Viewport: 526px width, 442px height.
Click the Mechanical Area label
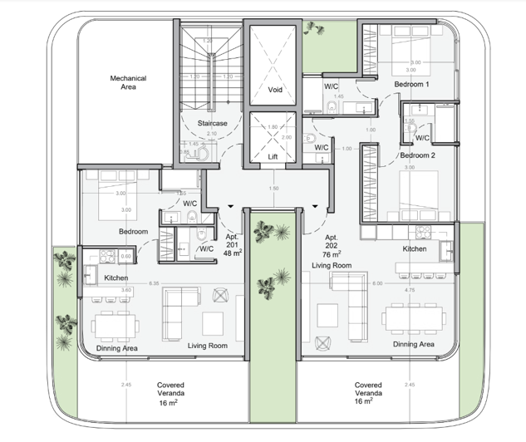[x=128, y=82]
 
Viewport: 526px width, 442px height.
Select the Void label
[x=273, y=90]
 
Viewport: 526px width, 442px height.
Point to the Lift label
[x=273, y=155]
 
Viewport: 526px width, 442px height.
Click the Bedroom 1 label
[x=410, y=85]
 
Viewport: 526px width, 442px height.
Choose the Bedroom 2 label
[x=417, y=155]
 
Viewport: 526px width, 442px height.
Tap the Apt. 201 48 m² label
[x=232, y=249]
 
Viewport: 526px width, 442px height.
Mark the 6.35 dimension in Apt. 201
[x=154, y=283]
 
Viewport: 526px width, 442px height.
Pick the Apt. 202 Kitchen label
[x=415, y=248]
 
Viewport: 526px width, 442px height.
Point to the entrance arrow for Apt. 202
[x=317, y=208]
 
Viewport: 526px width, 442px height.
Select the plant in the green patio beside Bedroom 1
[x=314, y=28]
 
